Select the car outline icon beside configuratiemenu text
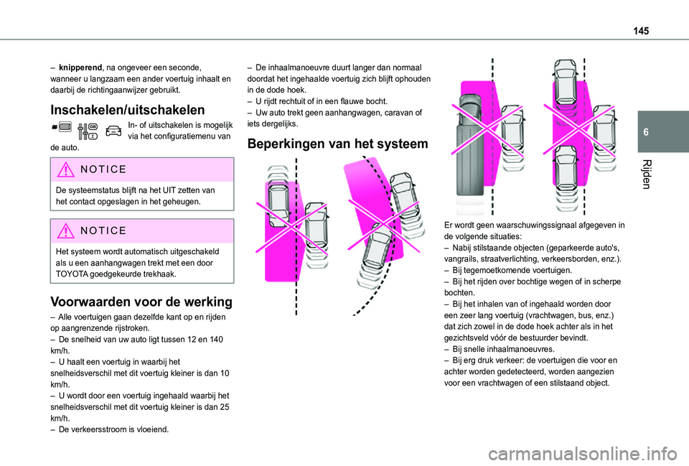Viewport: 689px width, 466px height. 112,131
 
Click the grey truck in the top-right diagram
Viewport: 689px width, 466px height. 472,144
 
